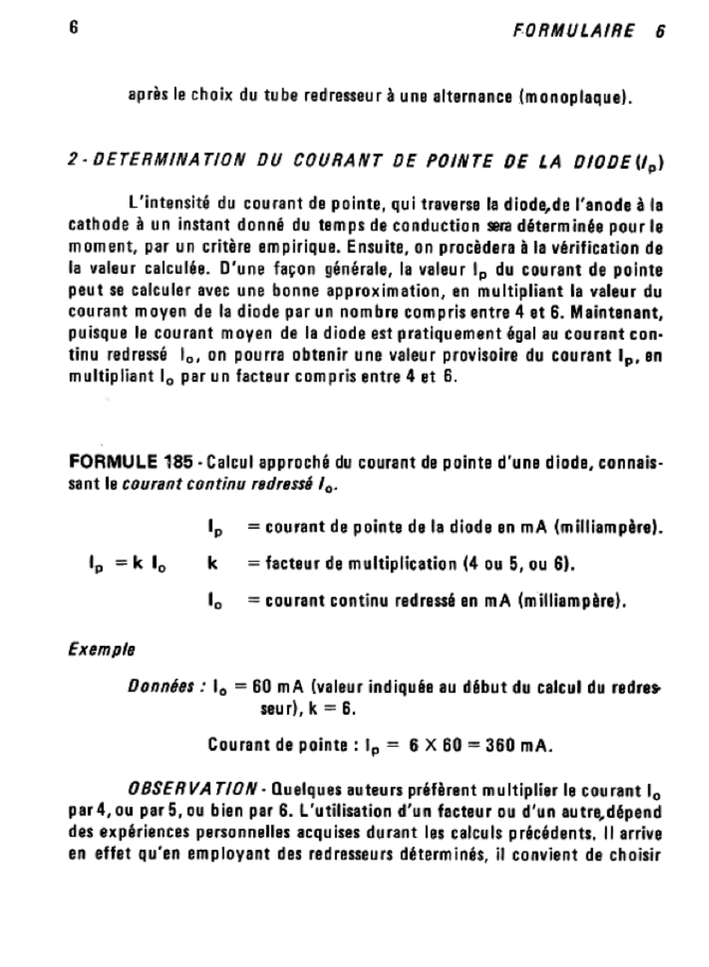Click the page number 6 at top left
pyautogui.click(x=73, y=27)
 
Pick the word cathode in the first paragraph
pyautogui.click(x=97, y=227)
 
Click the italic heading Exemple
pyautogui.click(x=101, y=651)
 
